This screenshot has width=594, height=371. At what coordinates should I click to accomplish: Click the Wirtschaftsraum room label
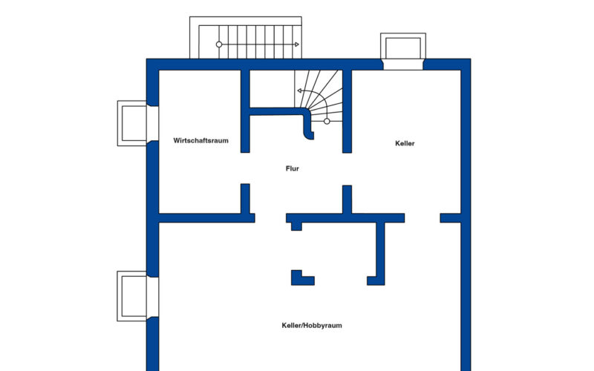click(200, 140)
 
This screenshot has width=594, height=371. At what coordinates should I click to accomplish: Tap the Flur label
click(292, 168)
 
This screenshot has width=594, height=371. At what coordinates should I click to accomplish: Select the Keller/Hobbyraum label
click(312, 325)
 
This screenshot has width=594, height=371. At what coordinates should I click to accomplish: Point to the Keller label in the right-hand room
click(405, 143)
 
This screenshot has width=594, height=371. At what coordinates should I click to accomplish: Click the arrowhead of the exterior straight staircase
click(297, 45)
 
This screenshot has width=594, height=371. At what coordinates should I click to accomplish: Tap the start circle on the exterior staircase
click(219, 45)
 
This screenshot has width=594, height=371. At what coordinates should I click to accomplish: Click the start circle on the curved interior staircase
click(327, 121)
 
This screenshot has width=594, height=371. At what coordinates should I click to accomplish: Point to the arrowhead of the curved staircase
click(299, 91)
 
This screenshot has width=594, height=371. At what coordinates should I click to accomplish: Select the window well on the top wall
click(403, 46)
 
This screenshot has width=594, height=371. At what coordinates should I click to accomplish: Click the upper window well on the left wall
click(132, 123)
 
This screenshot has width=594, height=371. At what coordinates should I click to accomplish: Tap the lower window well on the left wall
click(132, 296)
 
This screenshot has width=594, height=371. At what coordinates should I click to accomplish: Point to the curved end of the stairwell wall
click(308, 136)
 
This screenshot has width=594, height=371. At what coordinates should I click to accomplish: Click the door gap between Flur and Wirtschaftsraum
click(245, 168)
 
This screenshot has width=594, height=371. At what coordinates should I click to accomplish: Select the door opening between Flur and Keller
click(347, 169)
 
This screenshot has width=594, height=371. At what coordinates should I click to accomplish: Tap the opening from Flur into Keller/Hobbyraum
click(270, 218)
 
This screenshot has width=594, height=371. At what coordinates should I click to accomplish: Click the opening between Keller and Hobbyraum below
click(422, 218)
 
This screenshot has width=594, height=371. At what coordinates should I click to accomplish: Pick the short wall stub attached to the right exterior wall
click(451, 218)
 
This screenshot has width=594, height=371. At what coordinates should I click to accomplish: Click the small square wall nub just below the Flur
click(296, 226)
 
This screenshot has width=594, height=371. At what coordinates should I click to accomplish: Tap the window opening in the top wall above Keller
click(403, 65)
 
